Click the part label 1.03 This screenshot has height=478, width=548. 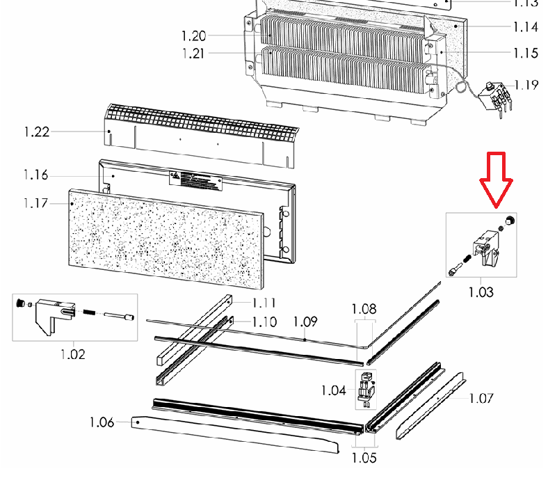pos(481,292)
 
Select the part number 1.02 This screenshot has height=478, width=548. pos(73,354)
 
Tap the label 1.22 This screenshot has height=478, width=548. pos(35,132)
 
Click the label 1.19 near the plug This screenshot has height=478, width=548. pos(526,86)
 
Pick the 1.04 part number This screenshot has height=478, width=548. pos(333,390)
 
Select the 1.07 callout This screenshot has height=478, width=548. pos(481,399)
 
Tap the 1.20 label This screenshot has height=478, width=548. pos(194,36)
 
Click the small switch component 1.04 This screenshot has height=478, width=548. pos(365,390)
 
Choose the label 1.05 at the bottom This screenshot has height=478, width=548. pos(364,458)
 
